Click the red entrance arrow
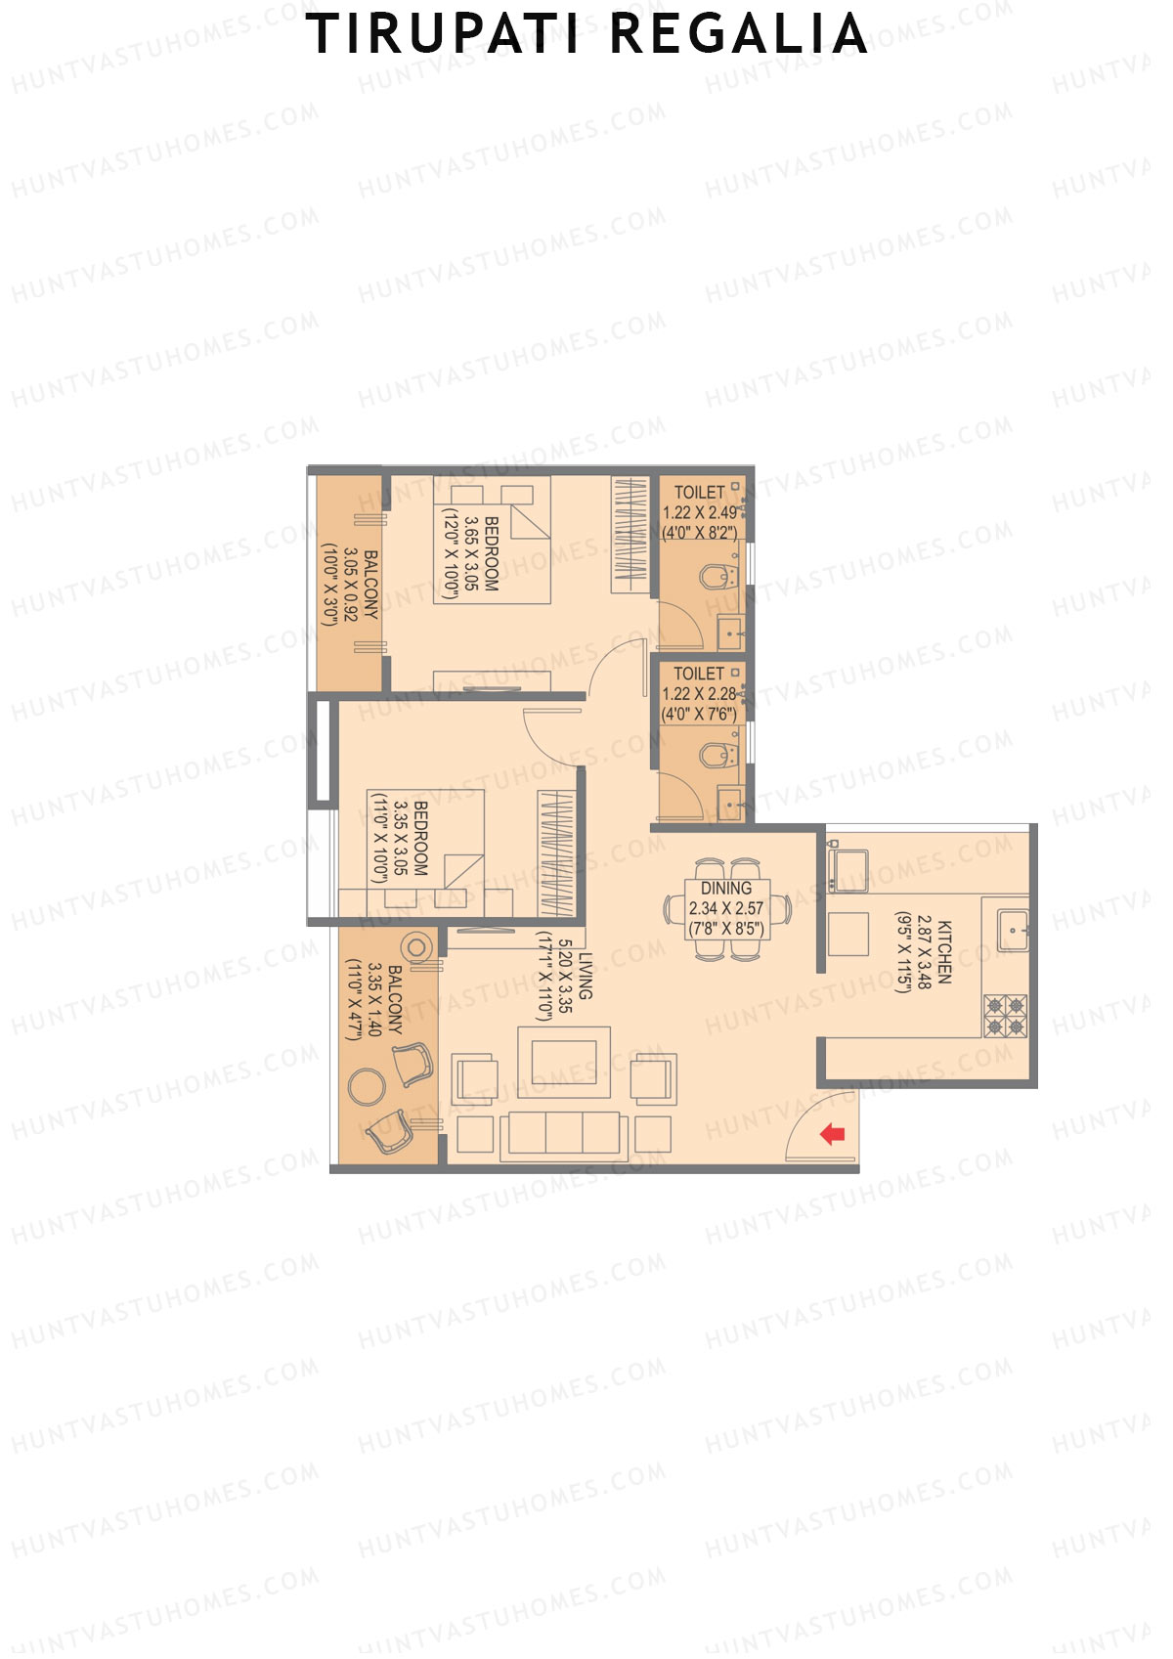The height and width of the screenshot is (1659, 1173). [x=832, y=1134]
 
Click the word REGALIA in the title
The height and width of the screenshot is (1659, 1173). [x=738, y=34]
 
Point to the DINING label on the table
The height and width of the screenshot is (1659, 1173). [x=726, y=889]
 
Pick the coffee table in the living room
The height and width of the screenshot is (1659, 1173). [x=563, y=1063]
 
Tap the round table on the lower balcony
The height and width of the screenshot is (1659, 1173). [x=367, y=1086]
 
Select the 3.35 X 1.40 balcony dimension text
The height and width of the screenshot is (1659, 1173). [x=373, y=999]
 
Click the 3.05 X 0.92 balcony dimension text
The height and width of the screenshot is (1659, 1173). [x=350, y=586]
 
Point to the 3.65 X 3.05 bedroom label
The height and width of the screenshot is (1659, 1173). [x=472, y=553]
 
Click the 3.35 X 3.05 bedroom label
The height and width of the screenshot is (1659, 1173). [x=401, y=838]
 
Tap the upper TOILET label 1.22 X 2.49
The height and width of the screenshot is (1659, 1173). [x=700, y=512]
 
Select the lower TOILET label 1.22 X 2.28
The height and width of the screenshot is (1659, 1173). [x=699, y=693]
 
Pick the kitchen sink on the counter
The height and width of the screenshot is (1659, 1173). [x=1012, y=928]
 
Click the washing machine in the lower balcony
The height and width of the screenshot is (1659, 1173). [x=418, y=946]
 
